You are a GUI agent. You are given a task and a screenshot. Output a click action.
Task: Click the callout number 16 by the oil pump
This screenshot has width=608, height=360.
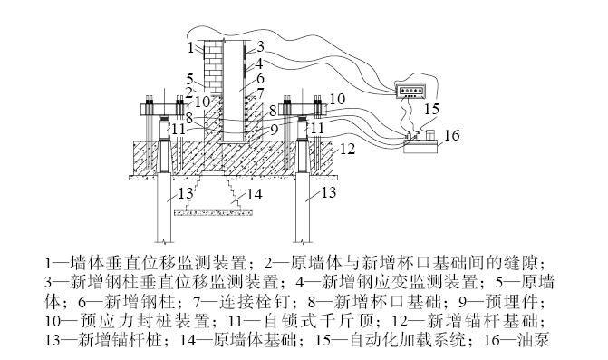[x=451, y=135]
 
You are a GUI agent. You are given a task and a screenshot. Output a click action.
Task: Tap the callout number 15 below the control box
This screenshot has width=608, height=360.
[x=431, y=109]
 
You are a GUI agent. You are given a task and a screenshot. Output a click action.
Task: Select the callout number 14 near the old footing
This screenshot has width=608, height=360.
[x=255, y=194]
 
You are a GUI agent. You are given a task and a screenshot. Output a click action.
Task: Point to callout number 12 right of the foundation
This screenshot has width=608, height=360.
[x=347, y=149]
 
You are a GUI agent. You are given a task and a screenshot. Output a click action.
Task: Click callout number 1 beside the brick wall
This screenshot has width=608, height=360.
[x=190, y=47]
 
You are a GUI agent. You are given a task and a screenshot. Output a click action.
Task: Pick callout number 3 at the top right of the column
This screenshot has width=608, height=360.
[x=260, y=46]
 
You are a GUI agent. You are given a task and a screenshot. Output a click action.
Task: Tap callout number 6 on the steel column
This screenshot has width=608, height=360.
[x=260, y=78]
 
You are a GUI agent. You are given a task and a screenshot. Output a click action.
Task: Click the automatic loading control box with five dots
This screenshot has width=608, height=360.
[x=410, y=92]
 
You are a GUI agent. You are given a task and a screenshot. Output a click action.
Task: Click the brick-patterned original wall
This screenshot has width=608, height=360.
[x=213, y=66]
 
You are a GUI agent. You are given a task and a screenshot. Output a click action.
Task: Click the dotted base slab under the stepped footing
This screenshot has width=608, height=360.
[x=209, y=212]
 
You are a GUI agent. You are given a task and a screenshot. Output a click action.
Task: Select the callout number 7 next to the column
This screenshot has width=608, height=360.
[x=260, y=93]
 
